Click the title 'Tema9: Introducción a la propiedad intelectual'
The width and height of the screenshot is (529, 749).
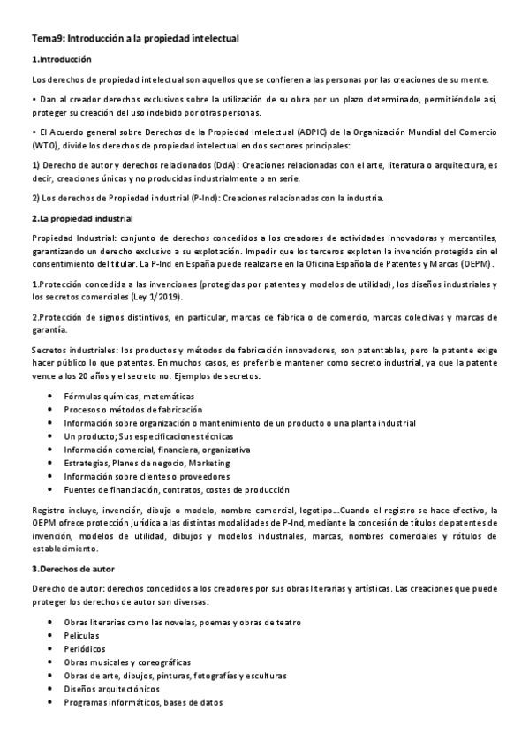pyautogui.click(x=135, y=40)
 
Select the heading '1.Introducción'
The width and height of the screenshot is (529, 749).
pyautogui.click(x=61, y=60)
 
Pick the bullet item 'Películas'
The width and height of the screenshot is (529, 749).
pyautogui.click(x=81, y=636)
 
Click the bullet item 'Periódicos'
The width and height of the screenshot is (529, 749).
pyautogui.click(x=85, y=649)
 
